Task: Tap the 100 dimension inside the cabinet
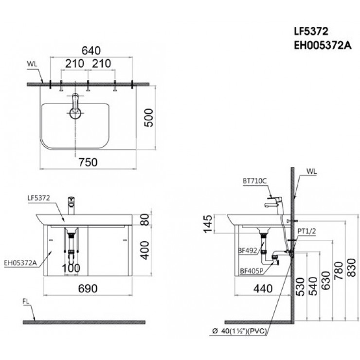pos(72,268)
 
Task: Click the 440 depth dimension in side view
pos(263,288)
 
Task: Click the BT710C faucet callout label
pos(253,180)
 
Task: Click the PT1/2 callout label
pos(307,233)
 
